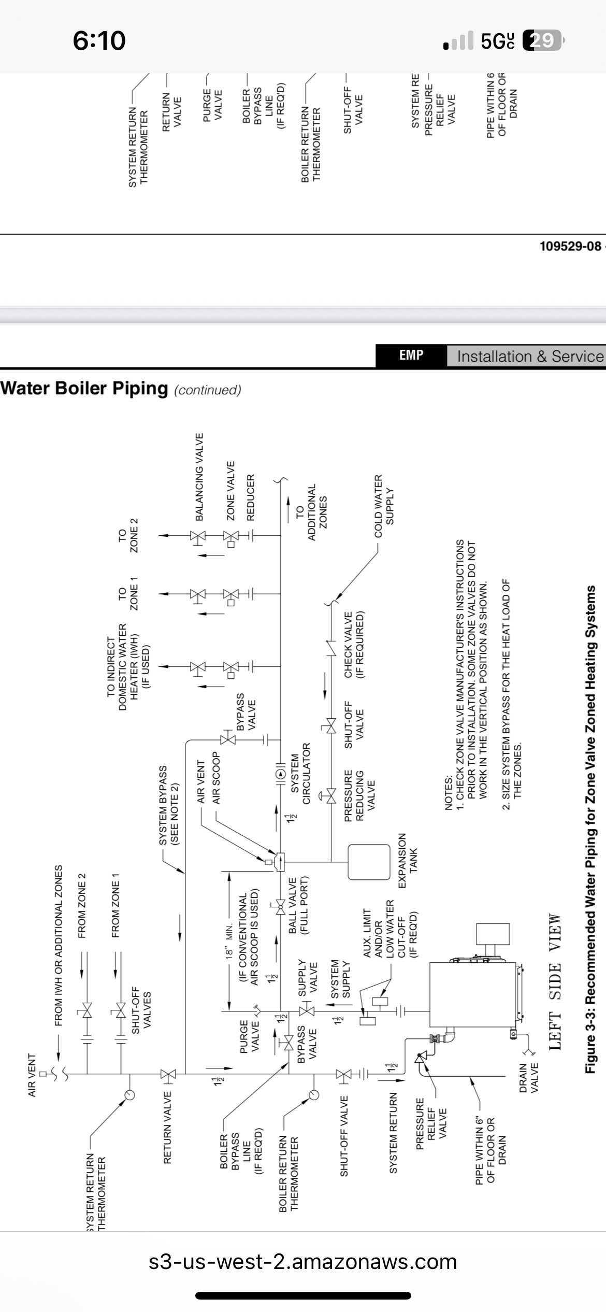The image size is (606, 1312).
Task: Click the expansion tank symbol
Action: pyautogui.click(x=369, y=862)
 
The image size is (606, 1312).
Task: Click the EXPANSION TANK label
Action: pyautogui.click(x=408, y=861)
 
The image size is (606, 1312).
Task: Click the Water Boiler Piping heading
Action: pyautogui.click(x=84, y=388)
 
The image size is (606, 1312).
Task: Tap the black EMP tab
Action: pyautogui.click(x=411, y=355)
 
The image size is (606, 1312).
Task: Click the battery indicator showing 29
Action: pyautogui.click(x=542, y=40)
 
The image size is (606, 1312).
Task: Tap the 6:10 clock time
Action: pyautogui.click(x=99, y=40)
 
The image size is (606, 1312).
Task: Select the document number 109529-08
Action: pyautogui.click(x=570, y=246)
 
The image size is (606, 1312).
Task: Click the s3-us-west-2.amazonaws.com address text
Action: pyautogui.click(x=303, y=1261)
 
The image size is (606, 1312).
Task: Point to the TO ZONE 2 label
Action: pyautogui.click(x=128, y=535)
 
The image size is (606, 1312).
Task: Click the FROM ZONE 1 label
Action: pyautogui.click(x=116, y=905)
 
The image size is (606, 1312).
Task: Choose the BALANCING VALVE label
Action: pyautogui.click(x=199, y=477)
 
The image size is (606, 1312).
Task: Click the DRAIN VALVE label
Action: pyautogui.click(x=528, y=1078)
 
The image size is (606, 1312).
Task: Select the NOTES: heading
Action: pyautogui.click(x=449, y=793)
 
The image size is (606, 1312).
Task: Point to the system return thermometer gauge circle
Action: pyautogui.click(x=129, y=1095)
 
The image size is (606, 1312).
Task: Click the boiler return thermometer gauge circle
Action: pyautogui.click(x=313, y=1095)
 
